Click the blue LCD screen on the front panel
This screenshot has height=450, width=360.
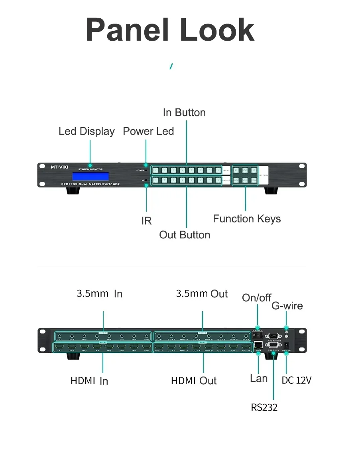tap(90, 176)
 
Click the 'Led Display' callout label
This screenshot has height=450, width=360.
tap(87, 132)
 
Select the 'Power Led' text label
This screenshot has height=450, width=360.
tap(148, 131)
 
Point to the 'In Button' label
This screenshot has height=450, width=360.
tap(184, 113)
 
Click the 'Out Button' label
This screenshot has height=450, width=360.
tap(185, 235)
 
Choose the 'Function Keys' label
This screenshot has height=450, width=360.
tap(247, 219)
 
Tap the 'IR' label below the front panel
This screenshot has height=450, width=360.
tap(146, 221)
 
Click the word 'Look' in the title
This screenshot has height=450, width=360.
tap(217, 30)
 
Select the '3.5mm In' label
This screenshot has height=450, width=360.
tap(99, 294)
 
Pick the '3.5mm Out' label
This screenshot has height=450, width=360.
tap(202, 294)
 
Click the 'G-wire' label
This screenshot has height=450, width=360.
tap(287, 306)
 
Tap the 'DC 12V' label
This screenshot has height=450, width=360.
tap(296, 381)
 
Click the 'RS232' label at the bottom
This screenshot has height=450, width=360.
tap(264, 407)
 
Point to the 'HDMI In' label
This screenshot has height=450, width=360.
tap(89, 381)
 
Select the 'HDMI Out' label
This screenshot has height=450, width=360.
tap(194, 381)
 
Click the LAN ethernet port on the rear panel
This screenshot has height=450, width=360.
tap(258, 344)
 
